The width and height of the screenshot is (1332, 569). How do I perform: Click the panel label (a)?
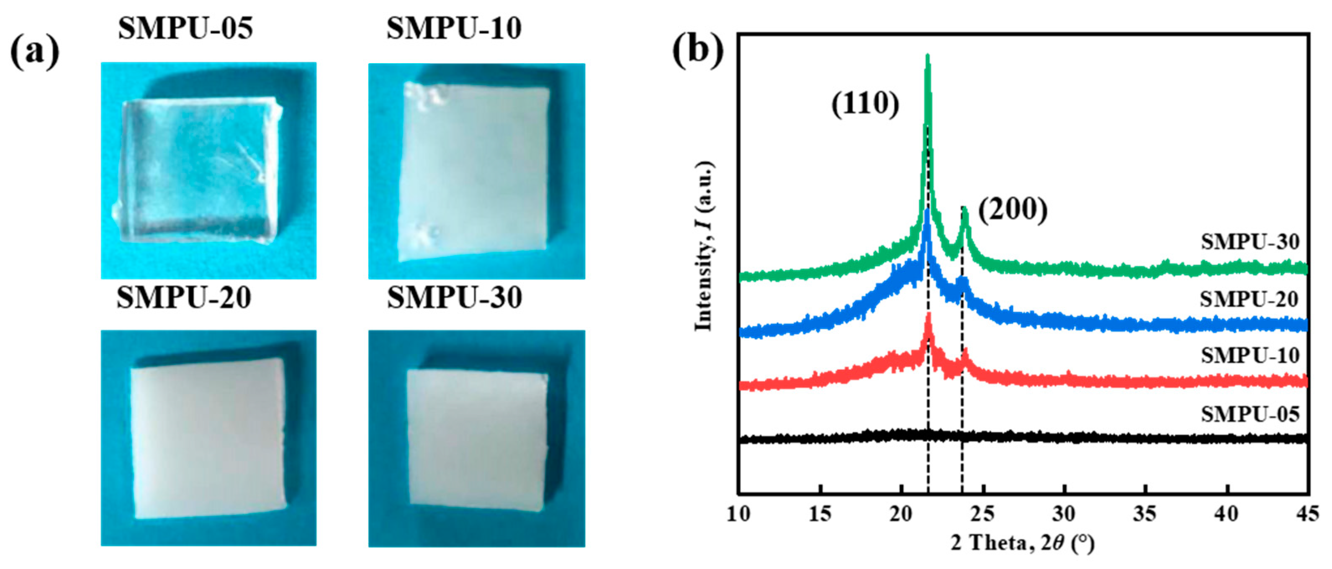click(35, 53)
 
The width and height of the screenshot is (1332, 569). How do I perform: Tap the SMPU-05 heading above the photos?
click(185, 28)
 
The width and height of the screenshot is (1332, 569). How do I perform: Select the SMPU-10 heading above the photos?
click(453, 28)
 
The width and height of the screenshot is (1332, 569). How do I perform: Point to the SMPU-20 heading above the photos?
click(184, 297)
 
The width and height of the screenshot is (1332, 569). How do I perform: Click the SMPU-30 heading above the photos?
click(454, 297)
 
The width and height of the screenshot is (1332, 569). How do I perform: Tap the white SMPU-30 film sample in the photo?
click(477, 439)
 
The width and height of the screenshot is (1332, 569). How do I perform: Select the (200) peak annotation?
click(1013, 210)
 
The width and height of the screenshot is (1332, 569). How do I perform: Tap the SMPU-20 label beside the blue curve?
click(1249, 299)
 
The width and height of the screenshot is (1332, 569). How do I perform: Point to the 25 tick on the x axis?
click(982, 515)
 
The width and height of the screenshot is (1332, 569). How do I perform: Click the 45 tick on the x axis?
click(1308, 515)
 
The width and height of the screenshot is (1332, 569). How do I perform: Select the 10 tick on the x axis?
click(738, 515)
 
